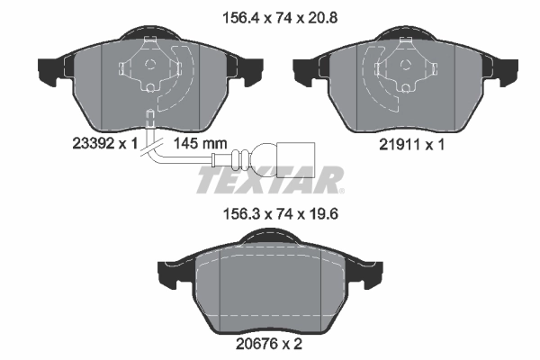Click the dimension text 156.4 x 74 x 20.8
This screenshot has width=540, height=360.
coord(271,15)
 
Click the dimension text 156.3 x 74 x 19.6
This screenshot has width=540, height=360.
coord(271,216)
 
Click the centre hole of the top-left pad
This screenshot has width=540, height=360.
coord(151,65)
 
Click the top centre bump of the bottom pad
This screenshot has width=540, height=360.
coord(270,238)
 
